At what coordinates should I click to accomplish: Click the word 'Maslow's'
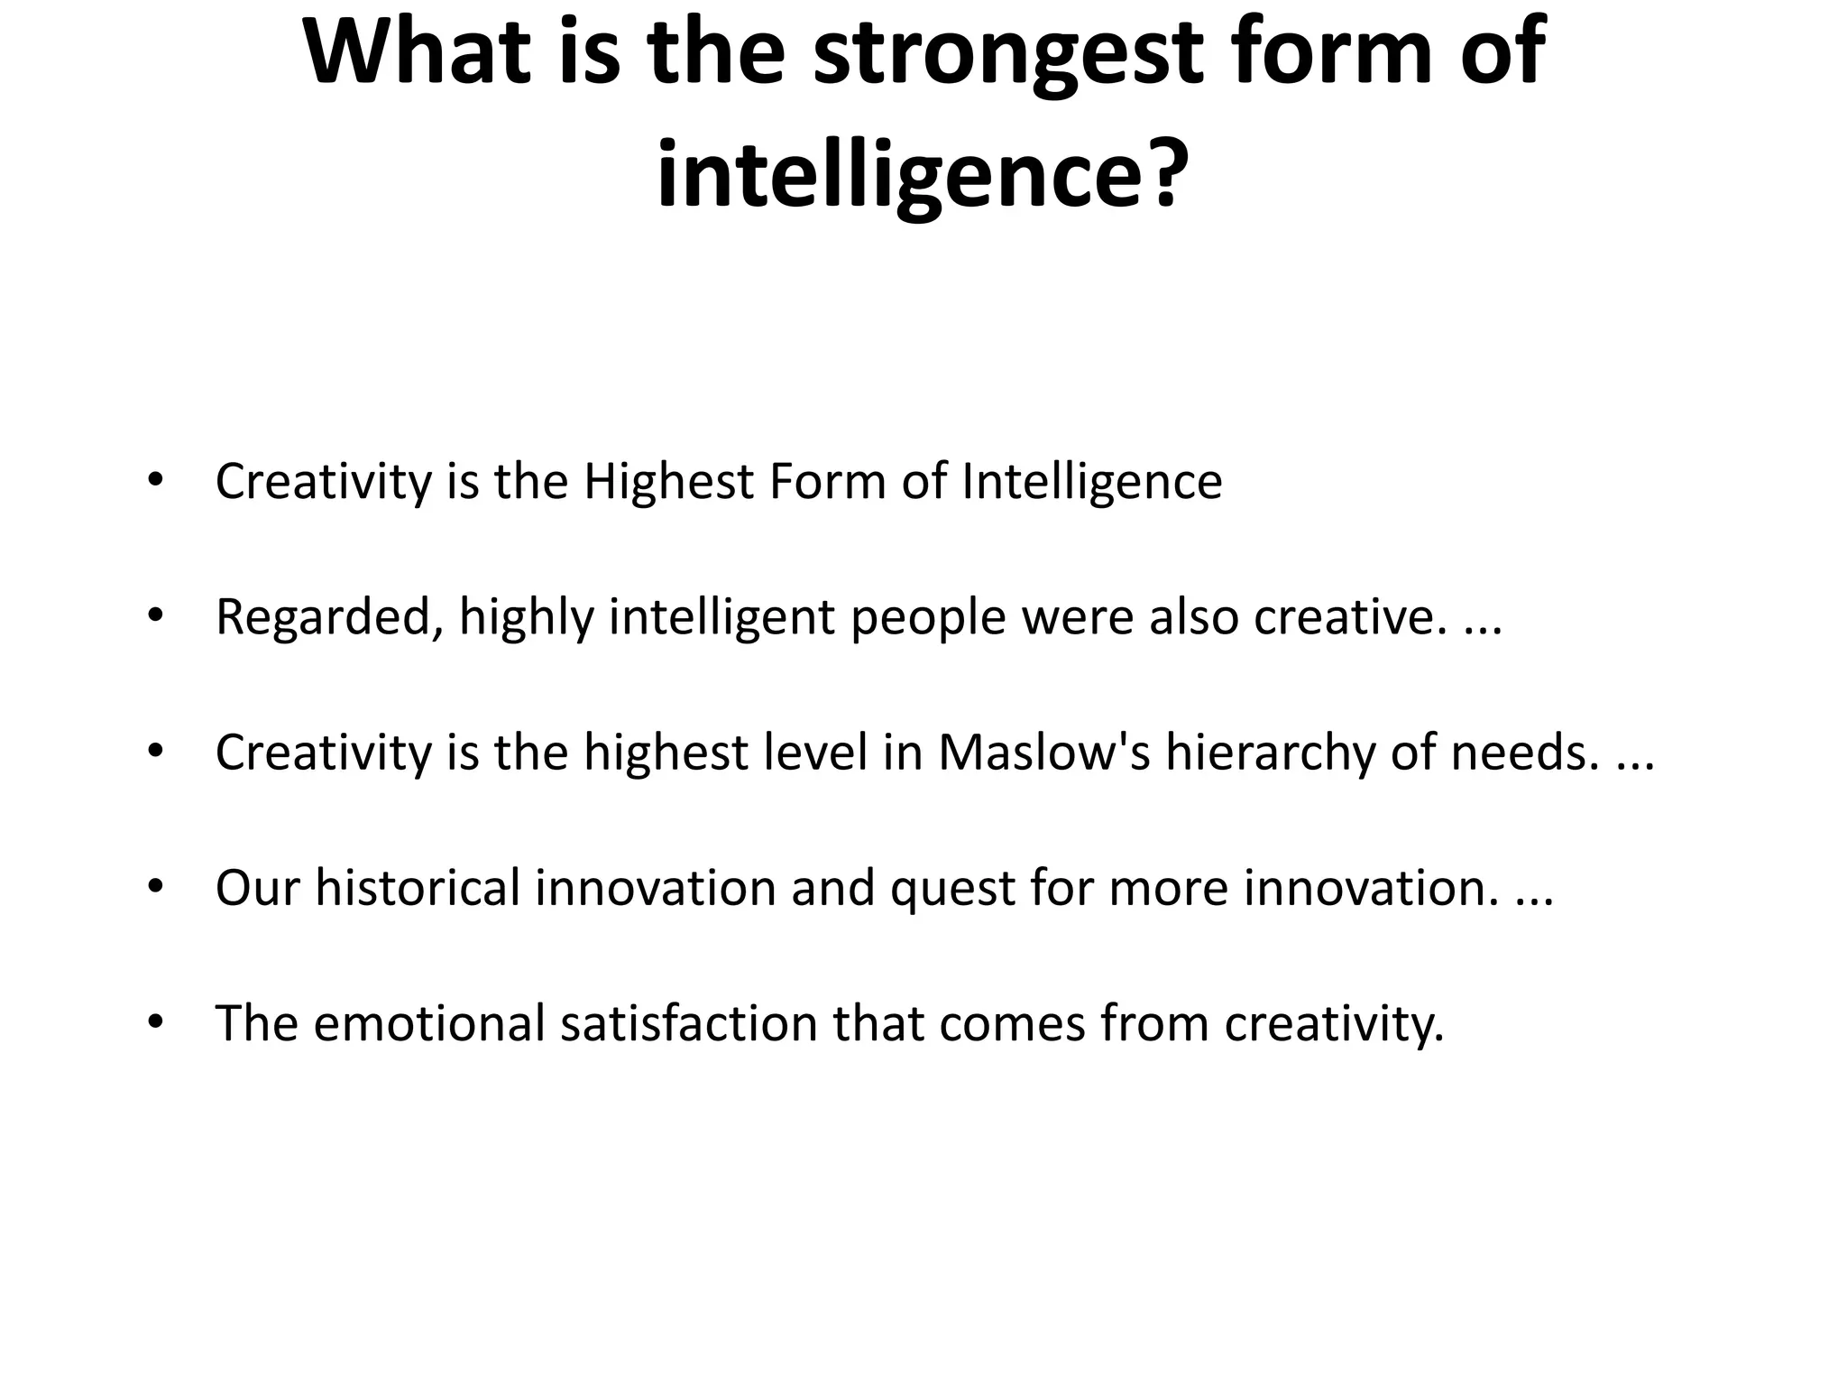point(1043,753)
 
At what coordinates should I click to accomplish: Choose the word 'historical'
point(418,888)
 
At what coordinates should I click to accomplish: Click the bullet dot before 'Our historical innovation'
point(155,888)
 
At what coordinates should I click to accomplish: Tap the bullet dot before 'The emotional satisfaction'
point(155,1023)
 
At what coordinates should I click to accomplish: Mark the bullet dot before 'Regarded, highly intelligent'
point(155,617)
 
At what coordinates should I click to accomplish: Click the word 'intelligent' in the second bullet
point(721,618)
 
